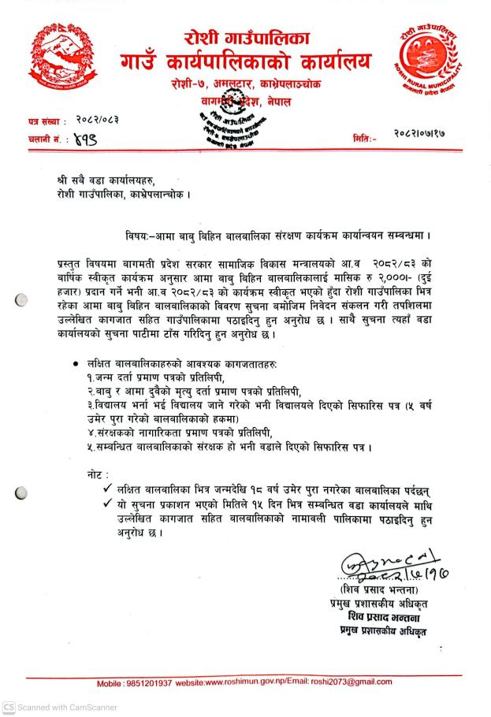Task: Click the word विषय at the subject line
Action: pos(136,236)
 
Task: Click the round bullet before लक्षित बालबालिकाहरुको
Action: pos(75,364)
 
